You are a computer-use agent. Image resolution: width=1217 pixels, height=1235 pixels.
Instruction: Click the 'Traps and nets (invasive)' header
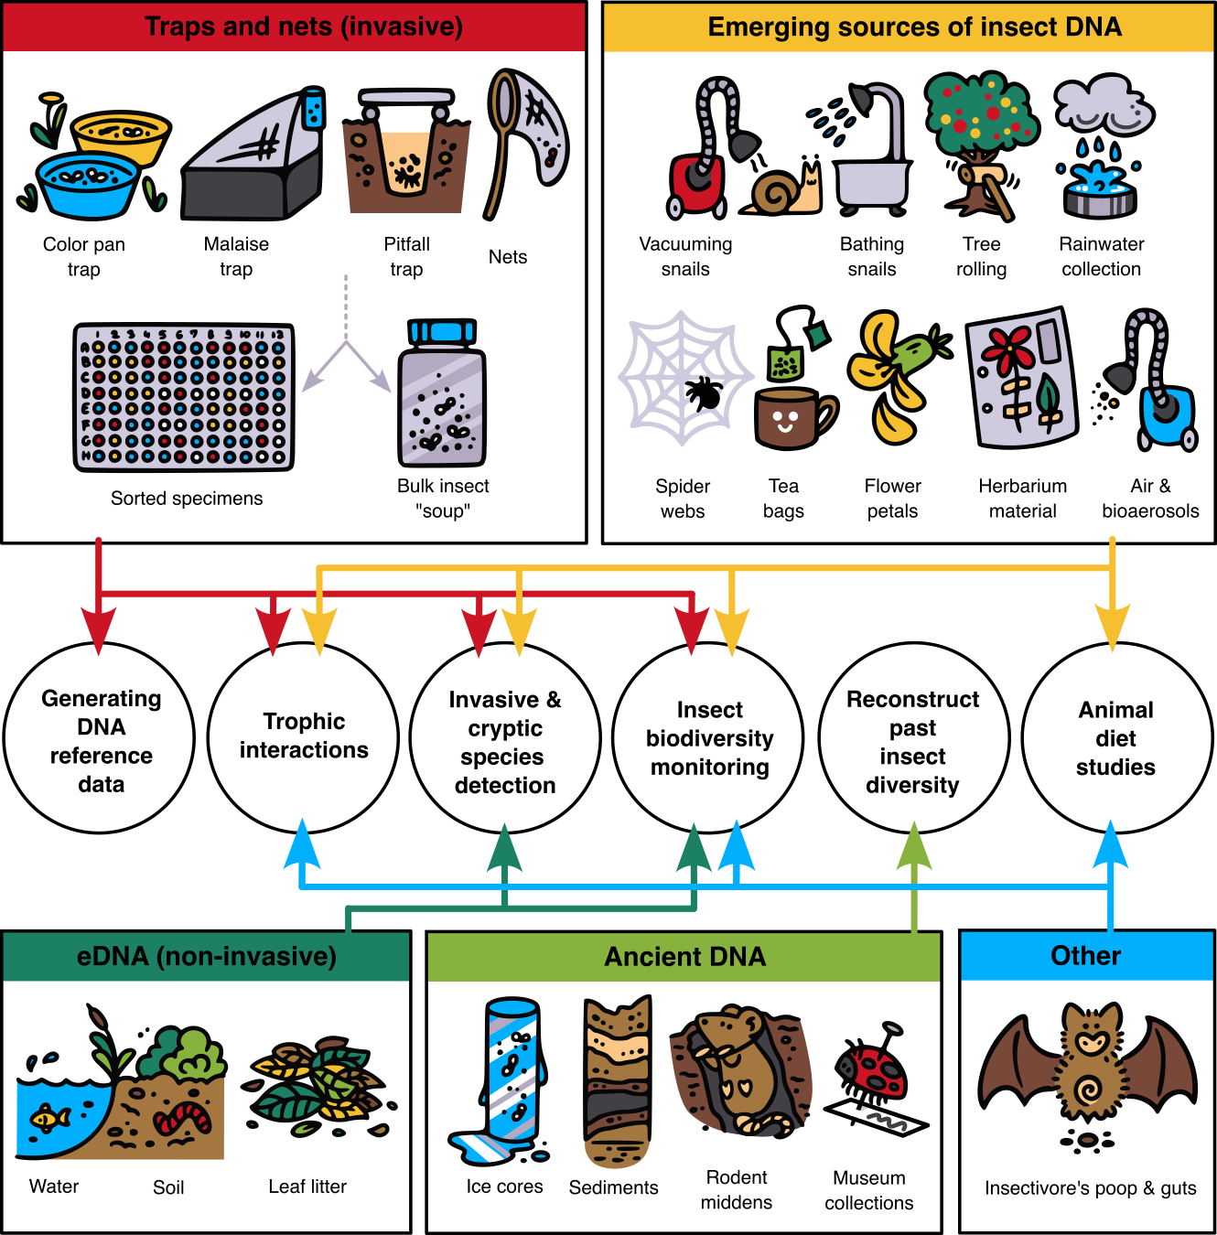tap(303, 27)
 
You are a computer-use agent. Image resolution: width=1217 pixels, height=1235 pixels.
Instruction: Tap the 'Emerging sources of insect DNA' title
tap(914, 27)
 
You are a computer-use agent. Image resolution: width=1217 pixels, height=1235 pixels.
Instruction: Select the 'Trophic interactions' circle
tap(304, 736)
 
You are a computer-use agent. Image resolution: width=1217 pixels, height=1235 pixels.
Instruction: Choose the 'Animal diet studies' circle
tap(1115, 738)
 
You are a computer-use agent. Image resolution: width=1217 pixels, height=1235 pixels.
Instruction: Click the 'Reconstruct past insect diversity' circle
tap(912, 741)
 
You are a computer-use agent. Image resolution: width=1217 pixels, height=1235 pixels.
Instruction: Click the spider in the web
tap(704, 392)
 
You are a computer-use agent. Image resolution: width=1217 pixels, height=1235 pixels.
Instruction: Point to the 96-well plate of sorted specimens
tap(184, 397)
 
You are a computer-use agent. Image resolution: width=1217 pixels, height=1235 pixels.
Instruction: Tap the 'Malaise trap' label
tap(236, 256)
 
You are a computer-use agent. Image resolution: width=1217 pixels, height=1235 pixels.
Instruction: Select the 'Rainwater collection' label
tap(1101, 256)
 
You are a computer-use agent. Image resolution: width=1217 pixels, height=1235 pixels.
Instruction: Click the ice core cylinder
tap(511, 1070)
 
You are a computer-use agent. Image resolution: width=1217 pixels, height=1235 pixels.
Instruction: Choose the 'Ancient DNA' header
tap(684, 956)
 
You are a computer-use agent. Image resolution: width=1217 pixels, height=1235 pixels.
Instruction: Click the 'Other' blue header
tap(1086, 956)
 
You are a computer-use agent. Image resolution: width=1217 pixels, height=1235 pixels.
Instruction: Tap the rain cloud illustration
tap(1103, 105)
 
